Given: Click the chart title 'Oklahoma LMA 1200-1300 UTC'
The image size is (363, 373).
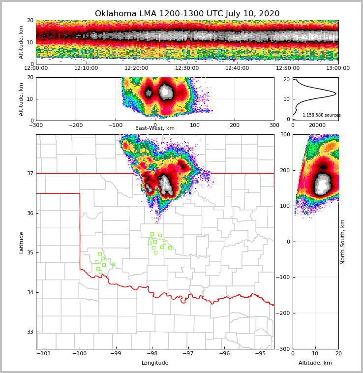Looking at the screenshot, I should pyautogui.click(x=187, y=14).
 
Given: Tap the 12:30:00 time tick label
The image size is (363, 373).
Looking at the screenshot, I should pyautogui.click(x=187, y=68).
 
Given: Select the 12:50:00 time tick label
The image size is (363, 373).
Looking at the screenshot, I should pyautogui.click(x=288, y=68).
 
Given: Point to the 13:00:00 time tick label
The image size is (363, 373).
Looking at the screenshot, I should pyautogui.click(x=338, y=68).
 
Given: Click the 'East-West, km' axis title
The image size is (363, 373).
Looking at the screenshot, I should pyautogui.click(x=155, y=128).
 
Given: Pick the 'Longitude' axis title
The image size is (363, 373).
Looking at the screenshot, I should pyautogui.click(x=155, y=363).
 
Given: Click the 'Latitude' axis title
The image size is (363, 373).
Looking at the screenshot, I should pyautogui.click(x=21, y=242).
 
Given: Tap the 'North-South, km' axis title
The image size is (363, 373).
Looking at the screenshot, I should pyautogui.click(x=343, y=242).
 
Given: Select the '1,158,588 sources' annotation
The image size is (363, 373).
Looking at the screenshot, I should pyautogui.click(x=321, y=115).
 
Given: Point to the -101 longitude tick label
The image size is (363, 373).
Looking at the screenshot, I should pyautogui.click(x=44, y=353).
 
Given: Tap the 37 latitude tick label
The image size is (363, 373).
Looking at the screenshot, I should pyautogui.click(x=30, y=173).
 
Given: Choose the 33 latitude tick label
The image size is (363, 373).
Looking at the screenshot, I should pyautogui.click(x=30, y=332).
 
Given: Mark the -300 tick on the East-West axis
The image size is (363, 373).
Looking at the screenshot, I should pyautogui.click(x=36, y=125).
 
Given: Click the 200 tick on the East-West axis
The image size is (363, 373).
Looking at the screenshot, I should pyautogui.click(x=235, y=125).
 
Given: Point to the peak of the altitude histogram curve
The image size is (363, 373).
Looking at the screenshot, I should pyautogui.click(x=336, y=93).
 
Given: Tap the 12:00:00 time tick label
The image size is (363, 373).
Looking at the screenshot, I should pyautogui.click(x=36, y=68).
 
